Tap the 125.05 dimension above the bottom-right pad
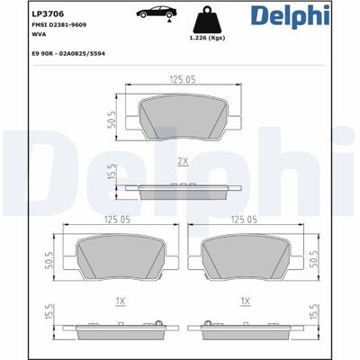pyautogui.click(x=245, y=219)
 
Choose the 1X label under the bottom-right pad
pyautogui.click(x=245, y=301)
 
